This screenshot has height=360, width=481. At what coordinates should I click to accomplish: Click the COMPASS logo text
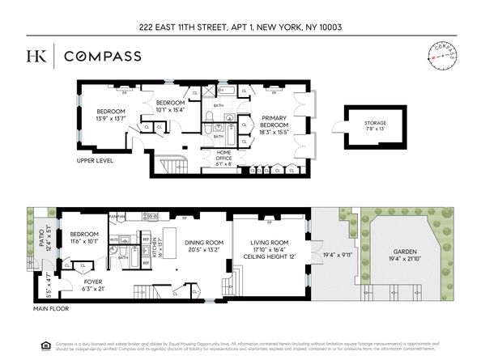pyautogui.click(x=103, y=56)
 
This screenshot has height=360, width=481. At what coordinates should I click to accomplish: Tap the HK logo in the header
pyautogui.click(x=36, y=56)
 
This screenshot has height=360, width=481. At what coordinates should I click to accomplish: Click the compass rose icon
pyautogui.click(x=441, y=55)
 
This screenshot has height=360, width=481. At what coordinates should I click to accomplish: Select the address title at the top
pyautogui.click(x=240, y=27)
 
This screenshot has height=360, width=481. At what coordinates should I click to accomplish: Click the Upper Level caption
pyautogui.click(x=94, y=160)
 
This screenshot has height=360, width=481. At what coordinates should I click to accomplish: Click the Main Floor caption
pyautogui.click(x=52, y=307)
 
